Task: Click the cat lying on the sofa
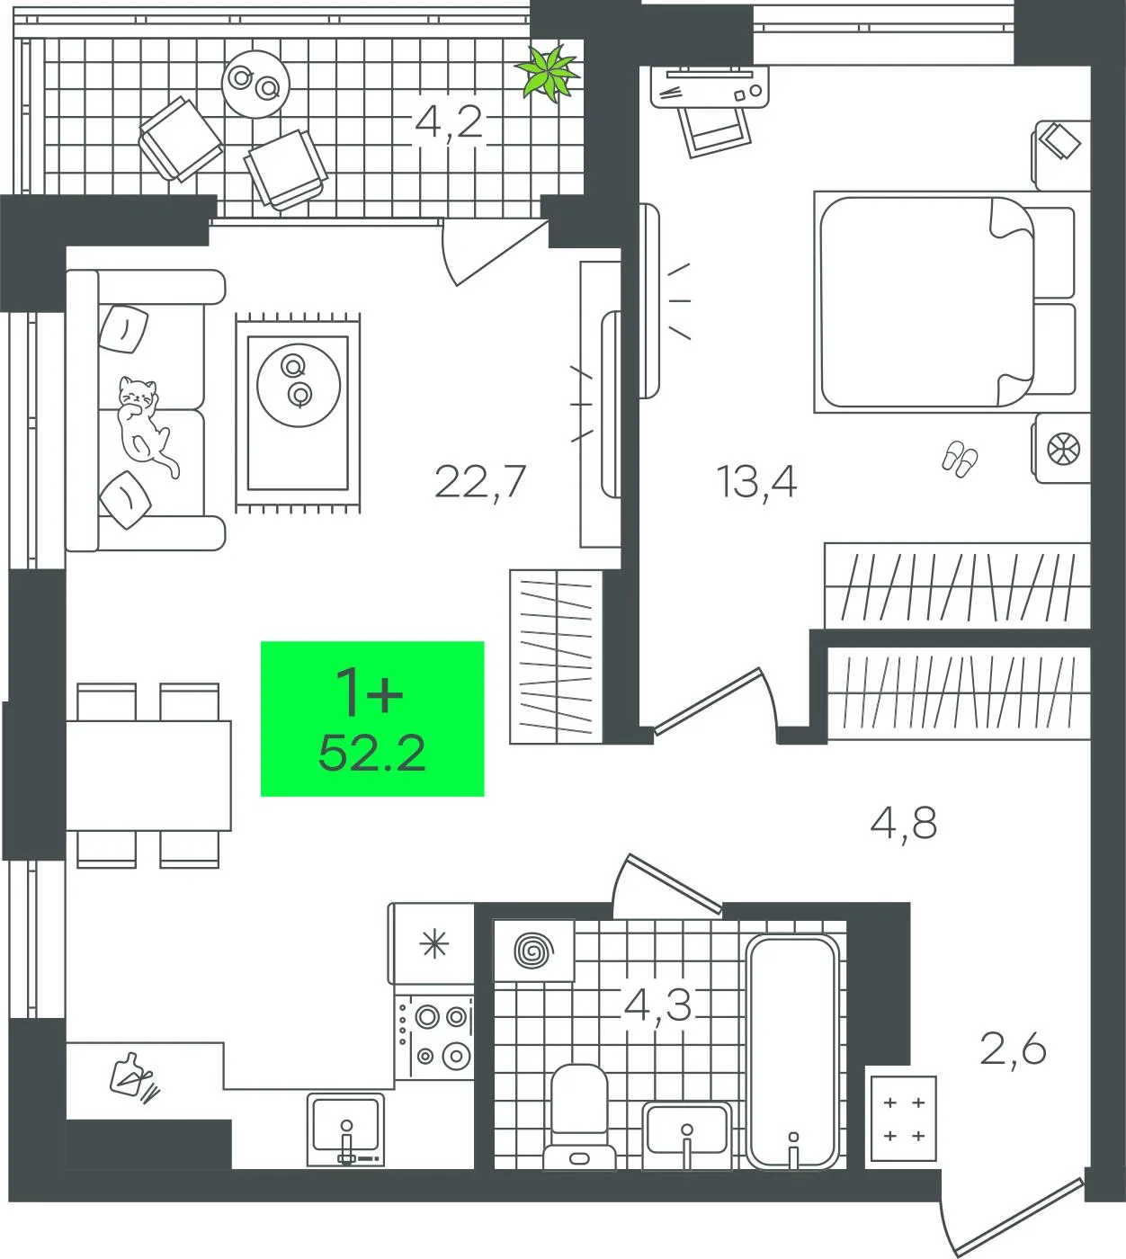click(x=144, y=425)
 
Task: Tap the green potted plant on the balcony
click(x=549, y=74)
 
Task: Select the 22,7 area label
click(x=480, y=482)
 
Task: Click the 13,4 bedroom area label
click(x=756, y=482)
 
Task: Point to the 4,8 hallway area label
click(x=904, y=824)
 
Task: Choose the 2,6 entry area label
click(x=1013, y=1049)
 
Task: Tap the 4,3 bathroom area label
click(x=657, y=1005)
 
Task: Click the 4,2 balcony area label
click(x=449, y=123)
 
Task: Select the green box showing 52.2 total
click(x=372, y=719)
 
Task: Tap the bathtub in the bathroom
click(x=792, y=1052)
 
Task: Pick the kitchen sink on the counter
click(x=346, y=1130)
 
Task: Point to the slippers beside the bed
click(x=960, y=459)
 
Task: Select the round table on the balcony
click(x=255, y=84)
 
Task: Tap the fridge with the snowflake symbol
click(x=433, y=944)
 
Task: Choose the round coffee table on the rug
click(x=299, y=385)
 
